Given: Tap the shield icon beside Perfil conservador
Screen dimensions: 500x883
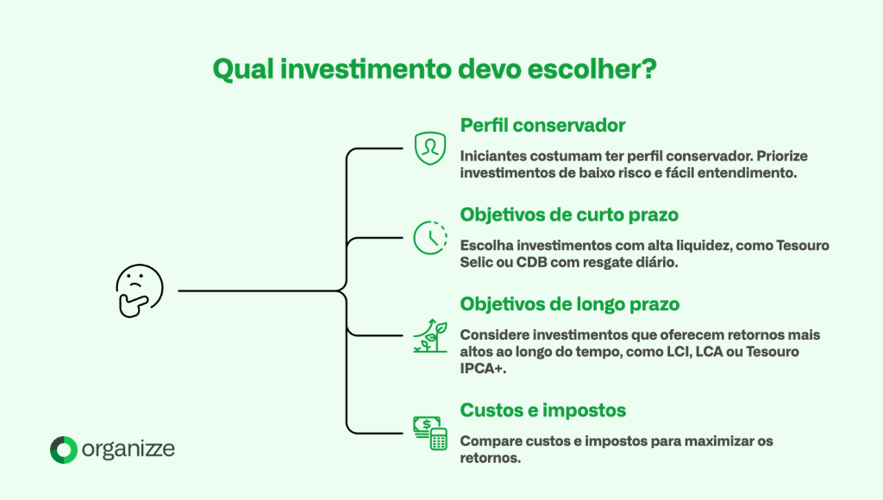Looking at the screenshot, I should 429,148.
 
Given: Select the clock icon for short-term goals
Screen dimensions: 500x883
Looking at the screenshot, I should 429,237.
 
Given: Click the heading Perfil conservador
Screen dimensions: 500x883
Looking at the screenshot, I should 542,125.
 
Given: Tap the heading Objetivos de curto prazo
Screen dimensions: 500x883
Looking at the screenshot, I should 568,214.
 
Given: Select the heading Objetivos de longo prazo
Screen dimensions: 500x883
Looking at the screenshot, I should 569,304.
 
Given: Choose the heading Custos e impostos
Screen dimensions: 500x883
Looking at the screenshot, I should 542,409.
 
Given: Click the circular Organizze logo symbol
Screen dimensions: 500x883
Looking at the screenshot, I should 63,449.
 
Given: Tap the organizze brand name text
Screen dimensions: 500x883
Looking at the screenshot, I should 128,449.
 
